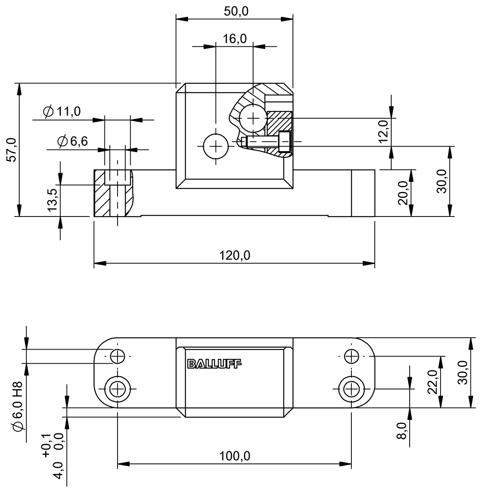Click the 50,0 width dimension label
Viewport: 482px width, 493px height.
236,11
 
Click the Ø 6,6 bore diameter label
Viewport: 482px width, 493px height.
73,141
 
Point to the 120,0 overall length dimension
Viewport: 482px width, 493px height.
234,256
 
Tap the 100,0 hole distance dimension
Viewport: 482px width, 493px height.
234,456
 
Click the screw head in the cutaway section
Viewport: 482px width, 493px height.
284,141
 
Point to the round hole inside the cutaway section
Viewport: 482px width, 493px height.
253,118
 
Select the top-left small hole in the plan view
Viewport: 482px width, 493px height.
118,356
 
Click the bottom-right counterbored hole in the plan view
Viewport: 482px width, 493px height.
351,388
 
